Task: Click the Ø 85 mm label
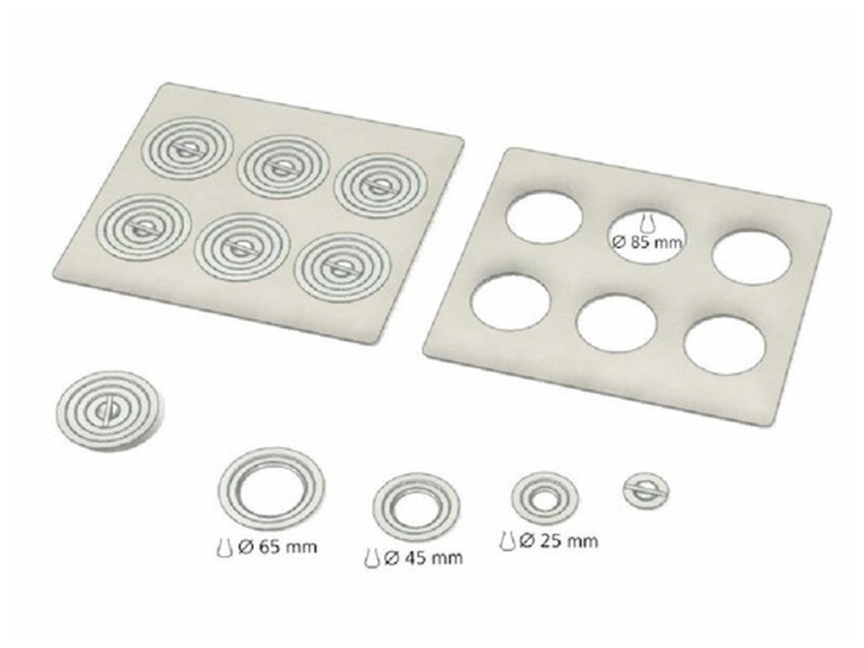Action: (x=647, y=241)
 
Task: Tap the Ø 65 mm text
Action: (x=278, y=547)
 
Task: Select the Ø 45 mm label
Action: (x=424, y=559)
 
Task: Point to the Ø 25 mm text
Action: (x=559, y=541)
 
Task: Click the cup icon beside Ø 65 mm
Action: (x=224, y=548)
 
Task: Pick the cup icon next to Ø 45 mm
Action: (x=371, y=558)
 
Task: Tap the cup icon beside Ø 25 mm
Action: (x=507, y=541)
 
